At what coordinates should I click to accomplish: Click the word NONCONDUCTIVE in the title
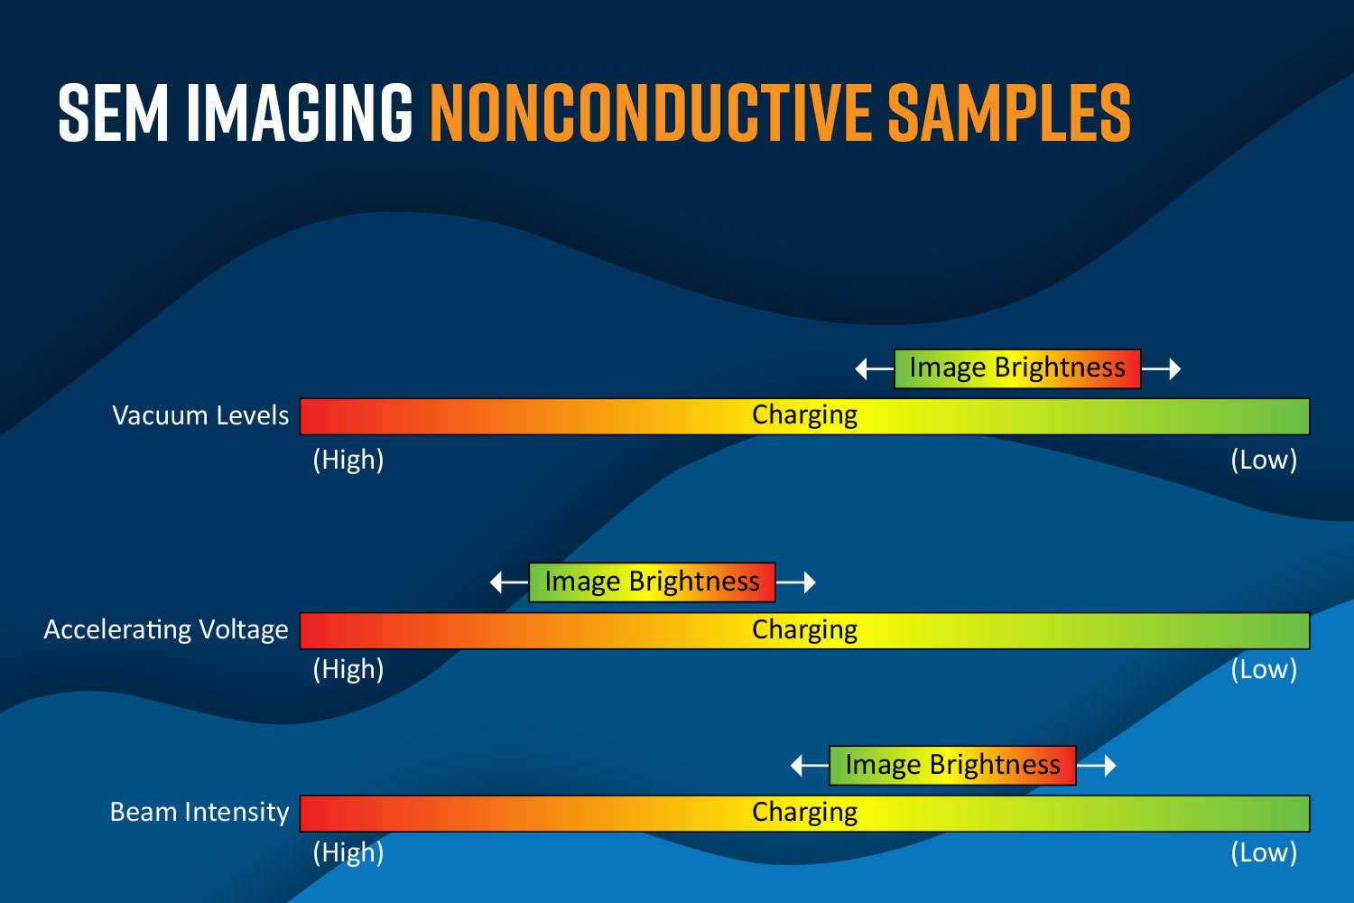[651, 113]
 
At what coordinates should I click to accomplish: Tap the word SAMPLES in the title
[1009, 113]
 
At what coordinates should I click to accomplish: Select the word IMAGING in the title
[299, 113]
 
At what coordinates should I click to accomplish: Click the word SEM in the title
[113, 113]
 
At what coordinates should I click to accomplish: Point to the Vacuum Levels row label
[200, 415]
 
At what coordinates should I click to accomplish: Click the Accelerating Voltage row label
[166, 630]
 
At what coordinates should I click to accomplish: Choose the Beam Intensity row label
[199, 813]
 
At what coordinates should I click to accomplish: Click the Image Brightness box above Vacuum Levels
[1017, 368]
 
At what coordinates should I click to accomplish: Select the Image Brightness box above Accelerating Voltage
[653, 582]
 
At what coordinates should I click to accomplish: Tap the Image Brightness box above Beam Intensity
[952, 766]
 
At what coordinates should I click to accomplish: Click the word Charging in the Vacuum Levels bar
[804, 416]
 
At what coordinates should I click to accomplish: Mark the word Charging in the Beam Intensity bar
[804, 813]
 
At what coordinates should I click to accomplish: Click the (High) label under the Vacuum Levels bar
[348, 461]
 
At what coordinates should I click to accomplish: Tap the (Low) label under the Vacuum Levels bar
[1264, 461]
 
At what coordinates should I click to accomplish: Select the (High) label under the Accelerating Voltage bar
[348, 669]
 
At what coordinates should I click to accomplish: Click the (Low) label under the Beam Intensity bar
[1264, 852]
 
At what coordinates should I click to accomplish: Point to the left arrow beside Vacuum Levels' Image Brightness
[875, 368]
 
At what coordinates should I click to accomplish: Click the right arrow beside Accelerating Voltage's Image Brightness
[795, 582]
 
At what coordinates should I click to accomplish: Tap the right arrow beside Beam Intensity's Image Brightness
[1096, 766]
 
